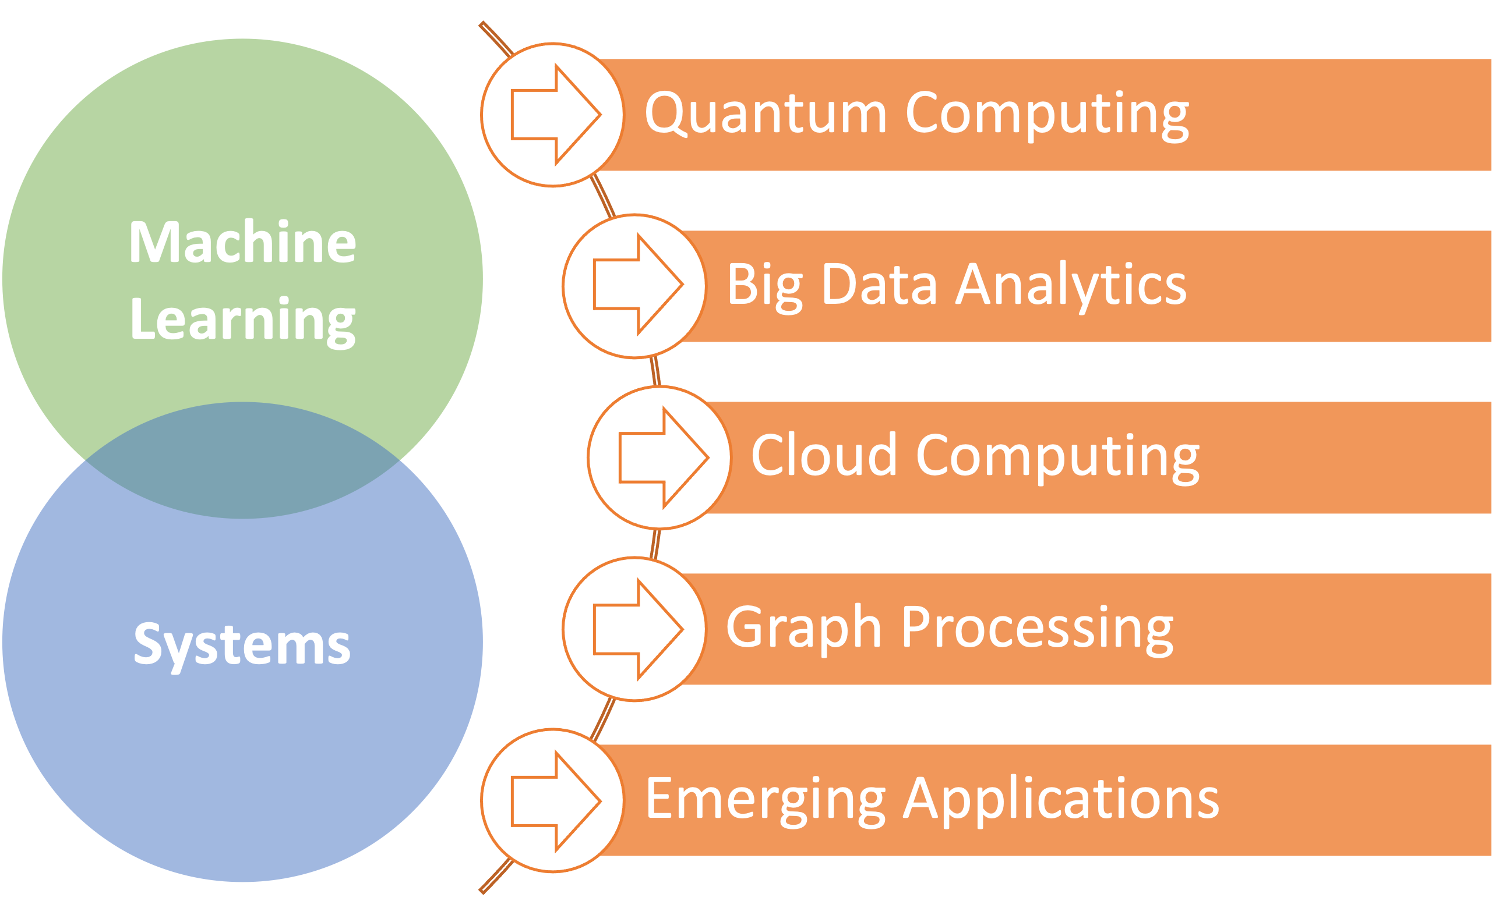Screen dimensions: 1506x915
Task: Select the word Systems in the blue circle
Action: [x=242, y=648]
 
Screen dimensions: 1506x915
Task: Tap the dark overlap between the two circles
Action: [x=242, y=460]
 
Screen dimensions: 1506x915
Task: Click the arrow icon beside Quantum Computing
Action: [x=556, y=114]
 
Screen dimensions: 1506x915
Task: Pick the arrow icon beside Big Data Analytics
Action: [x=638, y=285]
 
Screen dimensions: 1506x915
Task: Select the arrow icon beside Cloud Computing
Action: [x=664, y=458]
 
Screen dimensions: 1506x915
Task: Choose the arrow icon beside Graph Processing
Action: [x=638, y=629]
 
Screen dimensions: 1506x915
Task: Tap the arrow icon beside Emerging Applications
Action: [x=556, y=801]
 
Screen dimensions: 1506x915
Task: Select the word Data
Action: [x=880, y=283]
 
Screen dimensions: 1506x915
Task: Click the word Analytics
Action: [x=1071, y=288]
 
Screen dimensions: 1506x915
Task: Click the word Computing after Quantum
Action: [x=1048, y=116]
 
